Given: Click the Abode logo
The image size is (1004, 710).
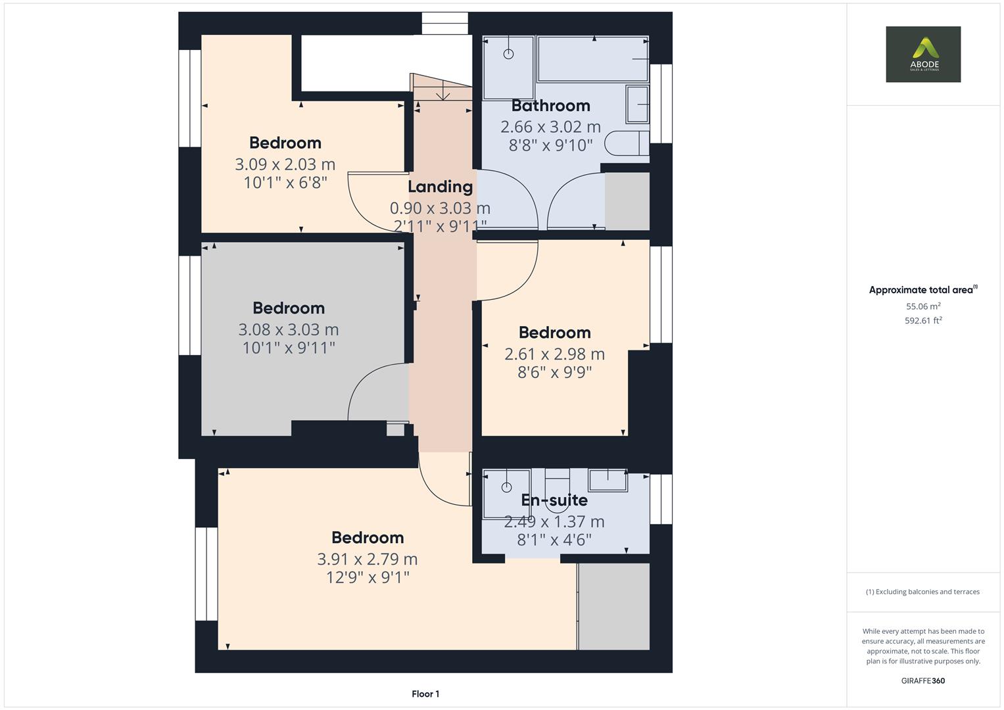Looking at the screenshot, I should pos(922,54).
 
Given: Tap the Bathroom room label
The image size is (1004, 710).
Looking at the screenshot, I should pos(550,106).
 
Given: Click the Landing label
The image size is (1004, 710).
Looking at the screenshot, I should pos(440,187).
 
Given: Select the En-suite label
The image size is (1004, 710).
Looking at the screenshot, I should pos(554,500).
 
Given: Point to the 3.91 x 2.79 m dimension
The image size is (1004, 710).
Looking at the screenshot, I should pos(367,559).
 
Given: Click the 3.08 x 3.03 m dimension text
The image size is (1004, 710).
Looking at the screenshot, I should pos(288,329).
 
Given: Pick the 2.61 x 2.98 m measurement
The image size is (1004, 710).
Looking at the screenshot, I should pos(554,354).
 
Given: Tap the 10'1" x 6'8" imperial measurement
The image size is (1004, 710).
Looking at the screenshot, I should pos(285,183).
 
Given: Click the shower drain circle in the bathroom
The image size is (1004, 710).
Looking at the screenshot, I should pos(508,54).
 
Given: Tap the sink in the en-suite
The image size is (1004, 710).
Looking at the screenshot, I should pos(608,480).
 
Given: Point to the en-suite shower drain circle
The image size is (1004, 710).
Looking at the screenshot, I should pos(506,487).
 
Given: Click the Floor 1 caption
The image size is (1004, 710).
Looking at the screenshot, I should pos(425,694).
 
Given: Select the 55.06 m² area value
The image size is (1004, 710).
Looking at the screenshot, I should pos(923,306).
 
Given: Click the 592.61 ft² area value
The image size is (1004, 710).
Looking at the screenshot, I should pos(923,321).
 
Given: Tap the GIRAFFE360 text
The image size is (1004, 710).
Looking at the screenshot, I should pos(922,680).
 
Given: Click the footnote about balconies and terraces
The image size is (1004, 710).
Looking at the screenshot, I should pos(922,592).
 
